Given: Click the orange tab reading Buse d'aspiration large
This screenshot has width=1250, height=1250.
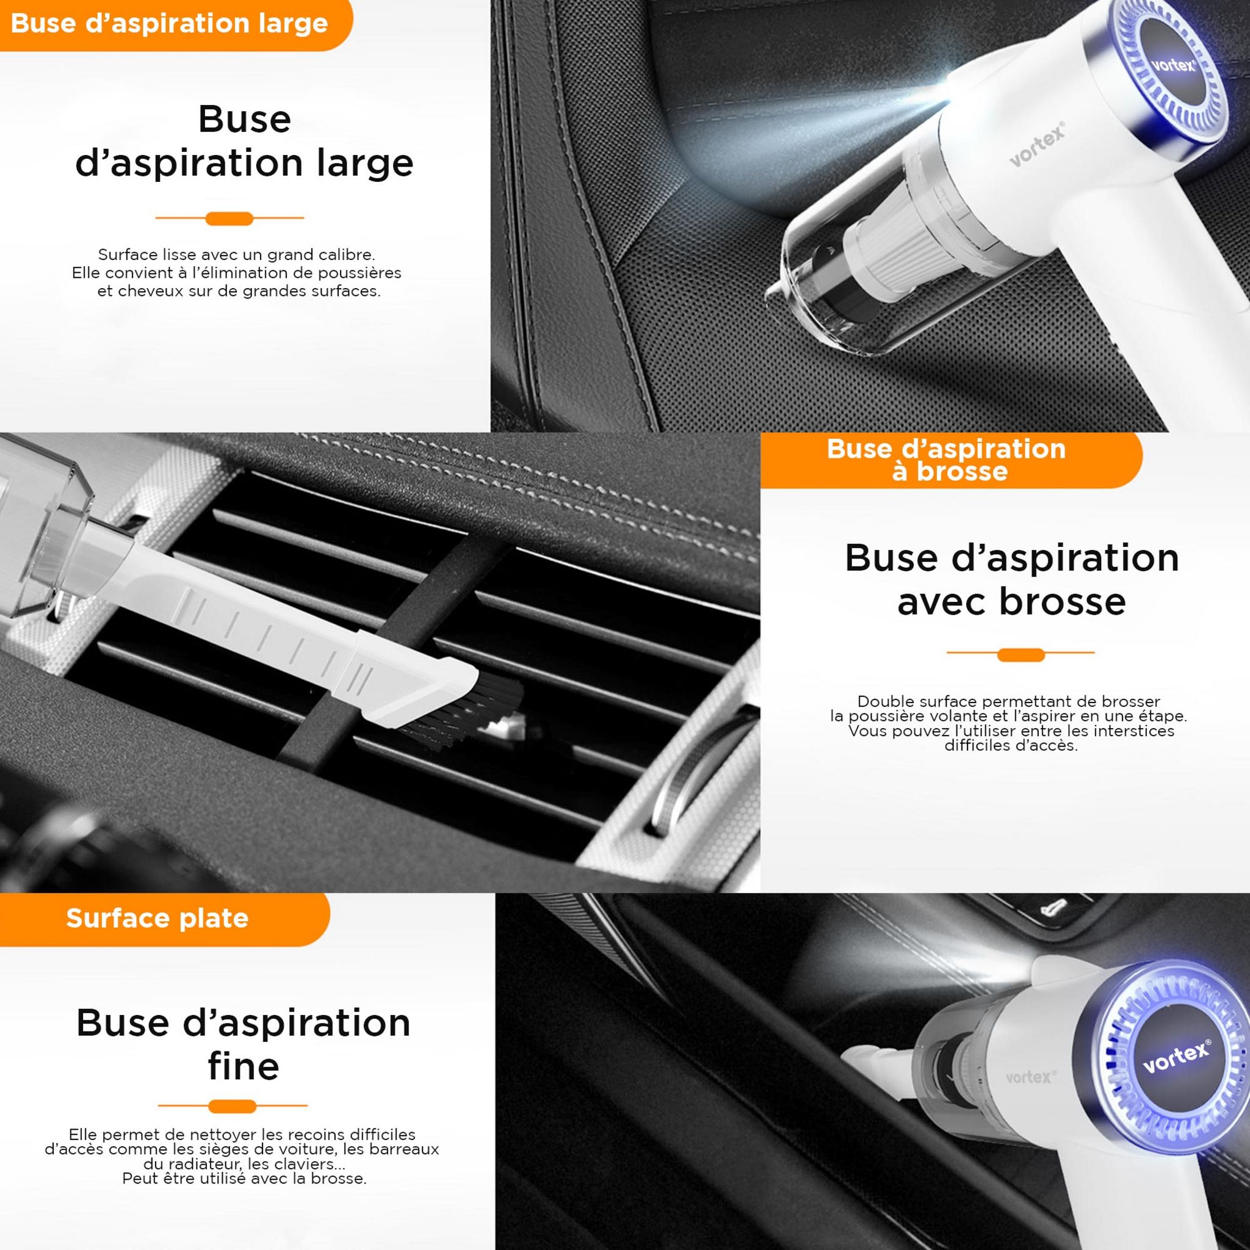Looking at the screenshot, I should point(170,24).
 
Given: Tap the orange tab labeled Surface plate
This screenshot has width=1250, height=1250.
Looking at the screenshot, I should point(157,918).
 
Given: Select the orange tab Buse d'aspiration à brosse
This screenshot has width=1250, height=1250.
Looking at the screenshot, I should point(946,460).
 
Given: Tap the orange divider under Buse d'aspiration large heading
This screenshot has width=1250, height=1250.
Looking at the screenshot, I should point(229,219).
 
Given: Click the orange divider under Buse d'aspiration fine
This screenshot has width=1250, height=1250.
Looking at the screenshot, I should point(233,1107).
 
